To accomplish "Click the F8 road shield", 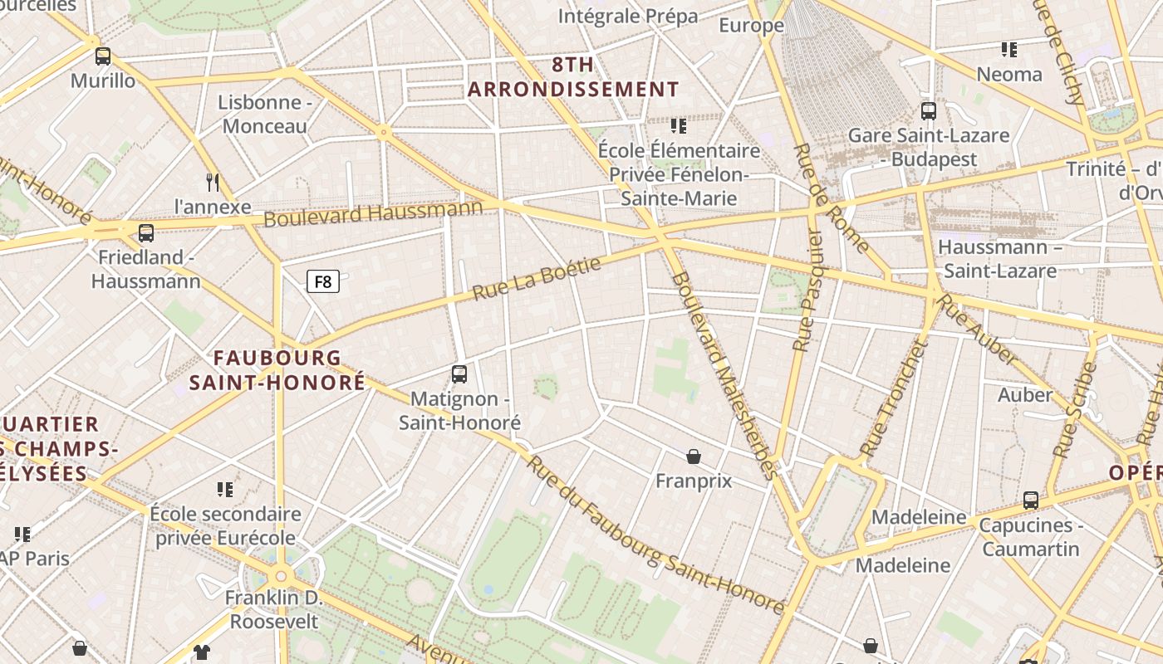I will [323, 281].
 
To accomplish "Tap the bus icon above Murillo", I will [103, 56].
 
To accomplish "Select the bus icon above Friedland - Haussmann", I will [146, 233].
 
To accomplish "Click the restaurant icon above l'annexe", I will [213, 182].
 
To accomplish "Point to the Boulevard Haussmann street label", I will [373, 212].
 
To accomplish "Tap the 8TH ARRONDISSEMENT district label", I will [573, 77].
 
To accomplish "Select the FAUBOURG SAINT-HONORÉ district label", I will [277, 370].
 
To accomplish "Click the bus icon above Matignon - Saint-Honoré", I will [459, 374].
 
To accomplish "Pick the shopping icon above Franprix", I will [694, 456].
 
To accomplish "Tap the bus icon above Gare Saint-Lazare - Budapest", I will [929, 110].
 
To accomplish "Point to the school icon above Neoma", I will [1009, 50].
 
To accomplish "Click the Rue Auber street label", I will [977, 329].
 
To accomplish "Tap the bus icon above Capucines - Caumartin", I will [1031, 500].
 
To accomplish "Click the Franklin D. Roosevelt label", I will [273, 609].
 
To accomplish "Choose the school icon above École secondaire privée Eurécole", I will [225, 490].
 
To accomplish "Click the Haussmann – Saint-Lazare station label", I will [1000, 259].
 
